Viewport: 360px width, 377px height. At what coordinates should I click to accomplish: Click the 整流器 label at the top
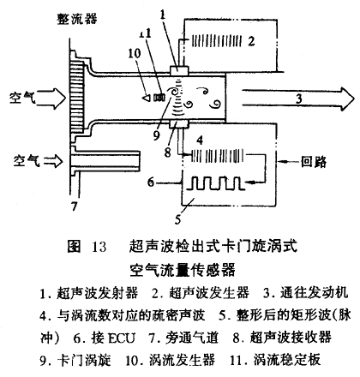tap(77, 19)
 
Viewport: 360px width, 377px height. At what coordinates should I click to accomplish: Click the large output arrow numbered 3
tap(298, 99)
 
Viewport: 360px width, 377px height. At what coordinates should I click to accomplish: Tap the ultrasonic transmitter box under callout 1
tap(179, 70)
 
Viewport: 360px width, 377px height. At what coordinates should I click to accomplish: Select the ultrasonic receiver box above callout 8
tap(179, 124)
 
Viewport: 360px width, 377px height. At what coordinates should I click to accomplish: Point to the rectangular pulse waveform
tap(216, 183)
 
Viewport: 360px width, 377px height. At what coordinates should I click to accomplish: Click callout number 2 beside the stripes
tap(251, 41)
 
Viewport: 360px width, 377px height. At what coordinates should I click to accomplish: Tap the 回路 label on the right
tap(314, 162)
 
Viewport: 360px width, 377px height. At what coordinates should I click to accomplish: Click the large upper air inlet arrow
tap(51, 98)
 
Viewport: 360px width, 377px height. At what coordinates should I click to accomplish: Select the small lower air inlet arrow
tap(52, 161)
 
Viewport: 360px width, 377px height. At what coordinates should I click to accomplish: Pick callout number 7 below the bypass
tap(75, 206)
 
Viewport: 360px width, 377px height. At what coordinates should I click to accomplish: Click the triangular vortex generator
tap(147, 98)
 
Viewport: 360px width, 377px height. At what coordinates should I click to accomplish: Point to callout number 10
tap(134, 53)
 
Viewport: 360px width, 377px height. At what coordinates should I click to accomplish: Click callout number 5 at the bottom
tap(177, 219)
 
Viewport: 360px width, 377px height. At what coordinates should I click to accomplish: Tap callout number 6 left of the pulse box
tap(151, 182)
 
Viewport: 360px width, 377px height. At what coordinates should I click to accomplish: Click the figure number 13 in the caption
tap(99, 247)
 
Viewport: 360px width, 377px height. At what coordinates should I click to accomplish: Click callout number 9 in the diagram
tap(156, 135)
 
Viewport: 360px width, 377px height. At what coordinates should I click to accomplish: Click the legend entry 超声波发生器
tap(209, 293)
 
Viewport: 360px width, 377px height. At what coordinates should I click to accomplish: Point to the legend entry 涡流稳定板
tap(287, 360)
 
